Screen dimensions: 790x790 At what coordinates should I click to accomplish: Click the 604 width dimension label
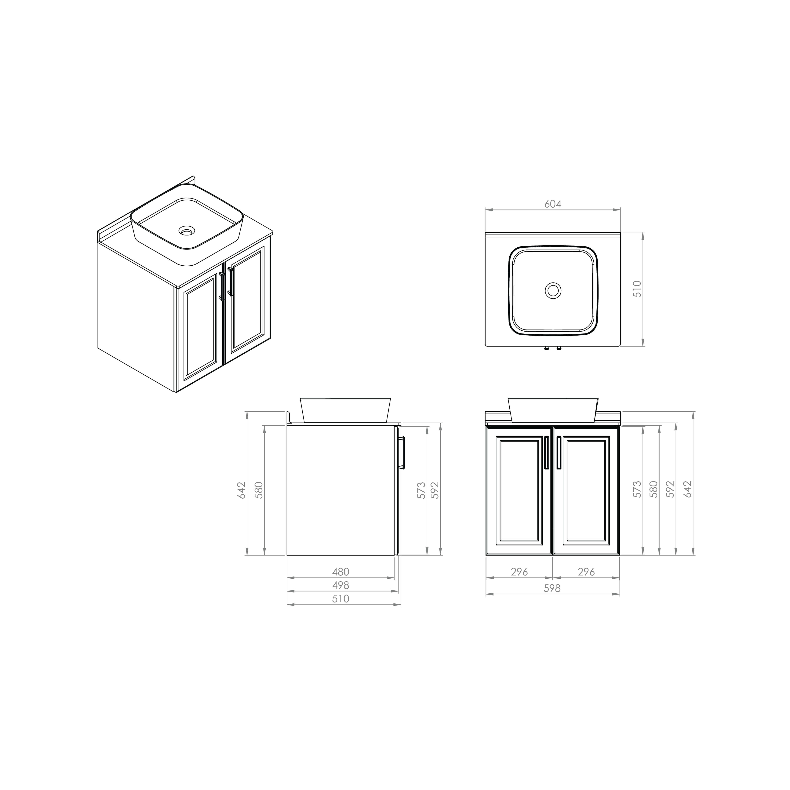tap(553, 204)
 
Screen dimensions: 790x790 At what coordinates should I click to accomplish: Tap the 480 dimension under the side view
tap(341, 572)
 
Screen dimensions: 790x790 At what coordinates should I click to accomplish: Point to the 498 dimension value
tap(341, 585)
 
